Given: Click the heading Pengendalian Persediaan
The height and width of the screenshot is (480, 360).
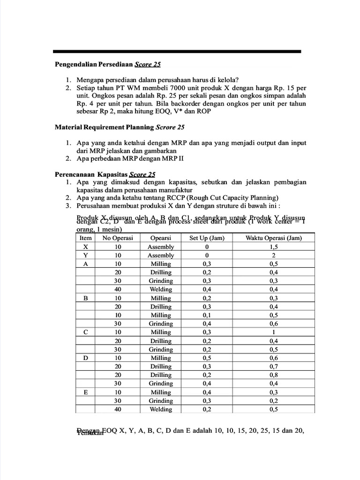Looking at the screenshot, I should pyautogui.click(x=94, y=64).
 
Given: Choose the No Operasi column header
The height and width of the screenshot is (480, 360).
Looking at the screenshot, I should pyautogui.click(x=118, y=238).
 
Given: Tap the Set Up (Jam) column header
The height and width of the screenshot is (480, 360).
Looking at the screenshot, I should pyautogui.click(x=207, y=238).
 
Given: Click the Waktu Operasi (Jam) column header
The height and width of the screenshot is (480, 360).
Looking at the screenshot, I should pyautogui.click(x=274, y=238).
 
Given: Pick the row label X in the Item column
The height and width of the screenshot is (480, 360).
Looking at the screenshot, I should pyautogui.click(x=85, y=247).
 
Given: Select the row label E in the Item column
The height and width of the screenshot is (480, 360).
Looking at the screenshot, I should pyautogui.click(x=85, y=392).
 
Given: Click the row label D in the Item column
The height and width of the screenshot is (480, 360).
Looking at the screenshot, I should pyautogui.click(x=85, y=358).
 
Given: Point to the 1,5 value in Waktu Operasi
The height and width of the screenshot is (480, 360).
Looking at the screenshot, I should pyautogui.click(x=274, y=247).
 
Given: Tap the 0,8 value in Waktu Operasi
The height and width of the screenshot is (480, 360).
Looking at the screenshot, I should pyautogui.click(x=274, y=375).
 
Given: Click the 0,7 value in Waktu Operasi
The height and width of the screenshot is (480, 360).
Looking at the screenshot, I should pyautogui.click(x=274, y=367).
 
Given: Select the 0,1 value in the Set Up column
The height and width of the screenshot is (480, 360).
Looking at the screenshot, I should pyautogui.click(x=207, y=315).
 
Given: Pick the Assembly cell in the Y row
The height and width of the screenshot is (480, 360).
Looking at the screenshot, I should pyautogui.click(x=160, y=255).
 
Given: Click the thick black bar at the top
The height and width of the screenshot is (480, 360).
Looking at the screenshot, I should pyautogui.click(x=177, y=52).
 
